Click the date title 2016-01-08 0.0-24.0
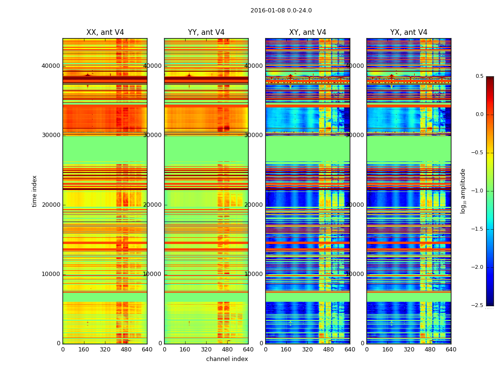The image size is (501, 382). [281, 11]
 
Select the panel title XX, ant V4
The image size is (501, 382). [105, 32]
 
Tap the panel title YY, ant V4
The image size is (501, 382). [206, 32]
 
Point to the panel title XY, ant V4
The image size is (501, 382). [308, 32]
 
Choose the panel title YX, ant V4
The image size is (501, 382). [409, 32]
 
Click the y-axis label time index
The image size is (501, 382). [34, 191]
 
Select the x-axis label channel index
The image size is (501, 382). [227, 359]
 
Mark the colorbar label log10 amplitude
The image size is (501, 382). [463, 191]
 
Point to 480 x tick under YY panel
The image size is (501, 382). [227, 350]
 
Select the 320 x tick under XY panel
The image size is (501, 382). [308, 350]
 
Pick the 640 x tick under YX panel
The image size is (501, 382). [451, 350]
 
